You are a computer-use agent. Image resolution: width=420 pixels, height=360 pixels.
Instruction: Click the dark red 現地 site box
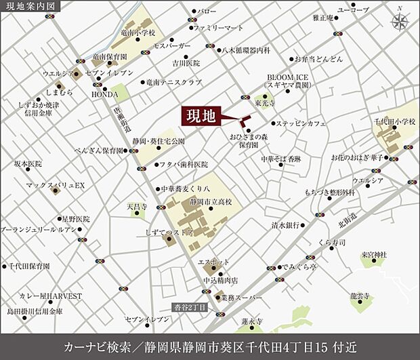coord(201,116)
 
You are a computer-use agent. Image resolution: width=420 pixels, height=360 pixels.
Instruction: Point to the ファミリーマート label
coord(218,28)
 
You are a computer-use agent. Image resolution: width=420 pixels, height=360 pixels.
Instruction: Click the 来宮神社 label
coord(373,254)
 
